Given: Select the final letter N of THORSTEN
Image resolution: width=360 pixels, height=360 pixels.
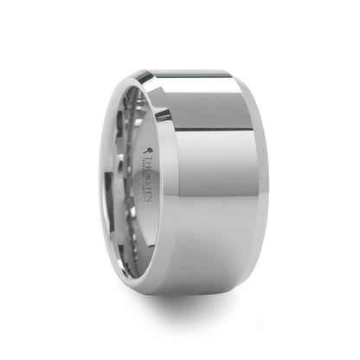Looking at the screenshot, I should click(144, 183).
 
